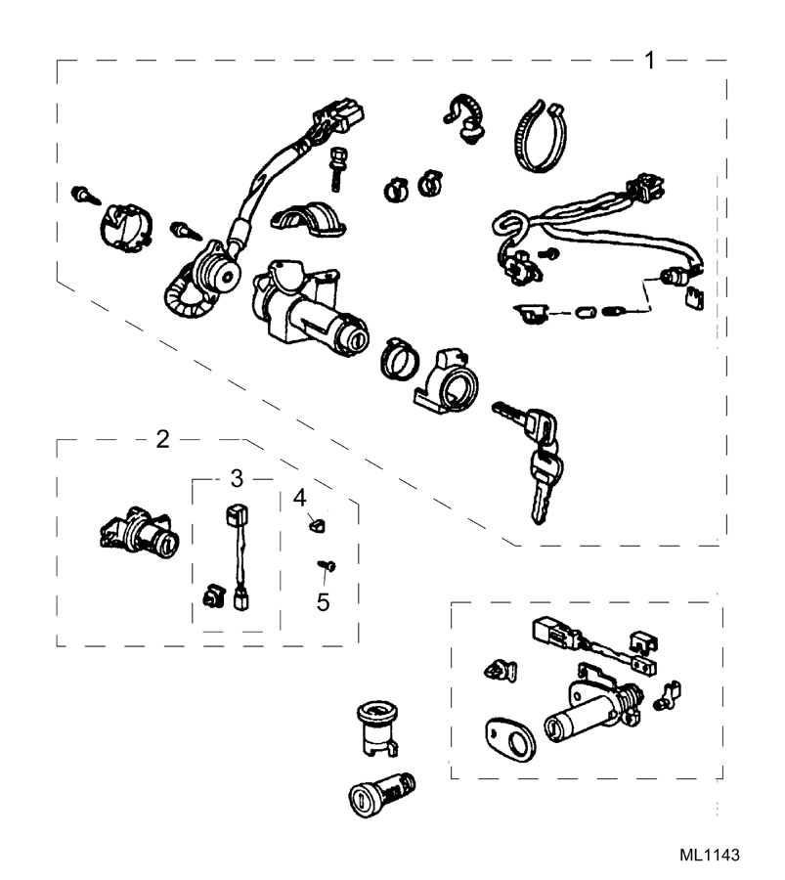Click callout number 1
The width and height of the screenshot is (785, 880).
pyautogui.click(x=650, y=60)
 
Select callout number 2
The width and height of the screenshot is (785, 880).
pyautogui.click(x=163, y=438)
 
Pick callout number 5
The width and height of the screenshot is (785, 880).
pyautogui.click(x=323, y=601)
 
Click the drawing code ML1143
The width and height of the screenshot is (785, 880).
pyautogui.click(x=710, y=855)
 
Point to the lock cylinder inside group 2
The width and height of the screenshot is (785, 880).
pyautogui.click(x=141, y=533)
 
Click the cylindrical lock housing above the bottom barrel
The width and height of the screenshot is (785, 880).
pyautogui.click(x=376, y=725)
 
